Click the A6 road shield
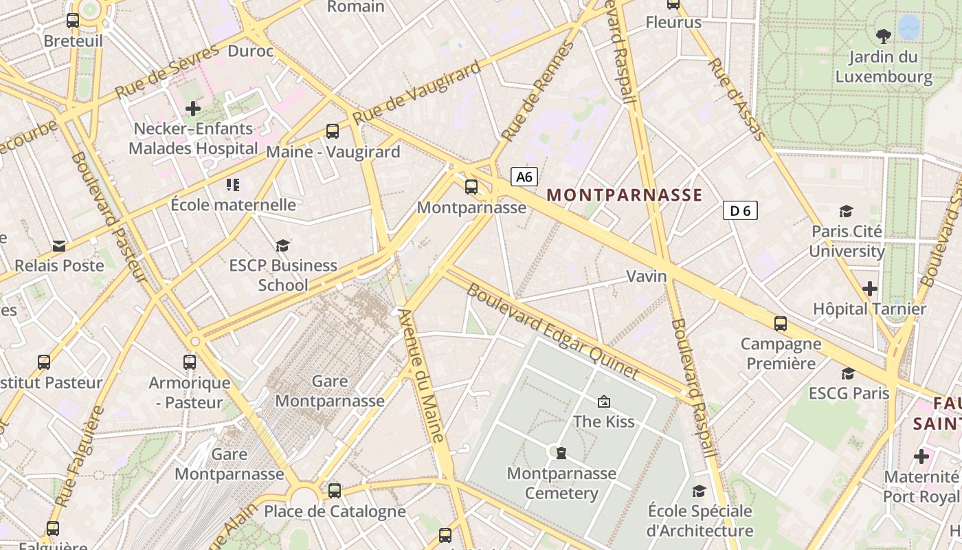click(524, 177)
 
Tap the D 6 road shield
click(740, 210)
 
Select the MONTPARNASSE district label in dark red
click(625, 195)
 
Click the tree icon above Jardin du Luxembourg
click(884, 36)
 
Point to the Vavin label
click(647, 276)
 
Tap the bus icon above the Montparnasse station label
click(471, 186)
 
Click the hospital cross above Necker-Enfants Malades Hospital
click(193, 108)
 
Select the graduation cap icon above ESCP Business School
click(282, 245)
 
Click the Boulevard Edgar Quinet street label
click(552, 331)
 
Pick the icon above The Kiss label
click(604, 401)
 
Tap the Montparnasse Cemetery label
click(561, 483)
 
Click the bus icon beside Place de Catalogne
click(335, 491)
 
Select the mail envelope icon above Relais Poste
click(59, 245)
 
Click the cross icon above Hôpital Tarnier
click(870, 289)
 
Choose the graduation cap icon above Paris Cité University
click(847, 211)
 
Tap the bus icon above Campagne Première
click(781, 323)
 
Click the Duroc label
click(251, 51)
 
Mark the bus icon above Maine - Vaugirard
click(333, 131)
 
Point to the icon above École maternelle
click(233, 184)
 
